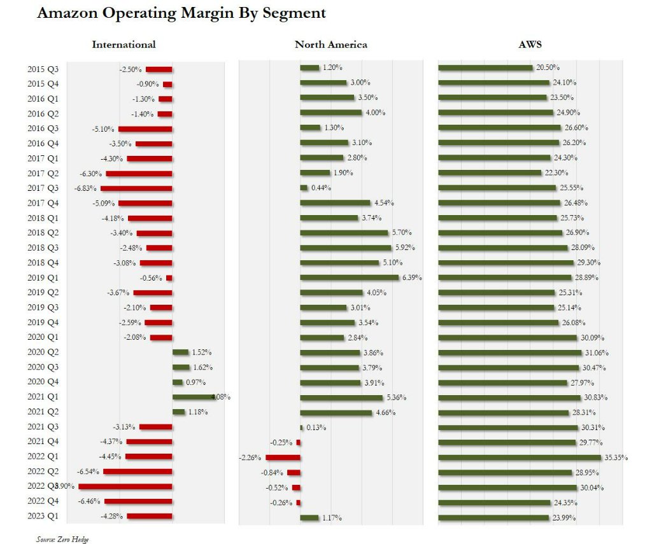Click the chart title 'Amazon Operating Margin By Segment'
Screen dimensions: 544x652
click(x=181, y=13)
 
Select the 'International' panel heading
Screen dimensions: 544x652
click(x=124, y=45)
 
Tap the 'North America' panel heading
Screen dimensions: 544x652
click(x=330, y=45)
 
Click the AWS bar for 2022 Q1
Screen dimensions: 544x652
click(x=520, y=457)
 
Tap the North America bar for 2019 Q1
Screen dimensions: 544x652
click(x=349, y=277)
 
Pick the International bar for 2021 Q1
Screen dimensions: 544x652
click(x=195, y=397)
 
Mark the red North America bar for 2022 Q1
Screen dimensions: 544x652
click(x=283, y=457)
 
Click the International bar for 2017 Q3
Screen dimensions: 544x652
click(x=136, y=188)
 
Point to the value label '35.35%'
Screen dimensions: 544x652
click(x=615, y=457)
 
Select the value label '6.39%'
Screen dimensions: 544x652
click(x=411, y=278)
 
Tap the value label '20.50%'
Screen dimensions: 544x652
click(x=548, y=68)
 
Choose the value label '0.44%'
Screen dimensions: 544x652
click(x=321, y=188)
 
